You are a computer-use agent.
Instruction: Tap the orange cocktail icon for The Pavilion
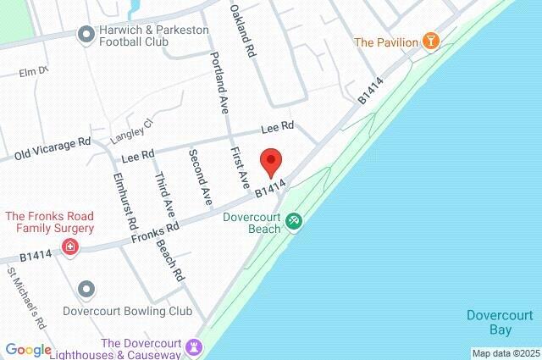click(x=430, y=41)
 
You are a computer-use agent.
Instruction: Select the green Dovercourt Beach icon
click(x=293, y=220)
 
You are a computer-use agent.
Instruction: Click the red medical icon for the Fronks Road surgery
click(x=71, y=247)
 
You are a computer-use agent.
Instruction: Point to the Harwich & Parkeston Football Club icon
click(x=86, y=35)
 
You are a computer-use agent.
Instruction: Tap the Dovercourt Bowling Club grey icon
click(x=86, y=290)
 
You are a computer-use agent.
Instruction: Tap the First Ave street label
click(x=241, y=167)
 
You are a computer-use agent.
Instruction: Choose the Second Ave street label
click(x=200, y=176)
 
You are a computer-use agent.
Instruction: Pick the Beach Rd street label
click(x=171, y=258)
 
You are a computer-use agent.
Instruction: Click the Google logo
click(x=28, y=350)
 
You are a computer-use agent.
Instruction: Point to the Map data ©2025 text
click(x=506, y=353)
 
